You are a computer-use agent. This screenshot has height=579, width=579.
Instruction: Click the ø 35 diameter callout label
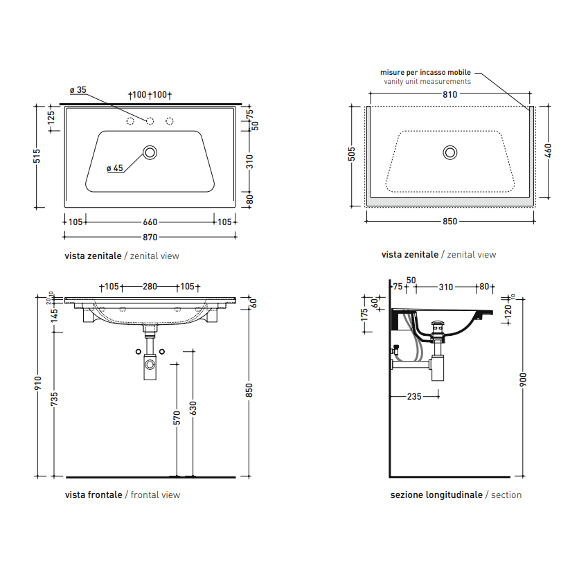pyautogui.click(x=78, y=90)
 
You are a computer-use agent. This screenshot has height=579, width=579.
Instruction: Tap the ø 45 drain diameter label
pyautogui.click(x=115, y=168)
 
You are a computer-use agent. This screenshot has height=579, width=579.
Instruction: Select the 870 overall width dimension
pyautogui.click(x=150, y=237)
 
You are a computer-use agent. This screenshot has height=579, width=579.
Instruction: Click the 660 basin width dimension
pyautogui.click(x=150, y=222)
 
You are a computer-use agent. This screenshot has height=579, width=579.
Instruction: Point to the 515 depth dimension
pyautogui.click(x=37, y=157)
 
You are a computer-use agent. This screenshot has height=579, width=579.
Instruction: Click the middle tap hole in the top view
pyautogui.click(x=150, y=121)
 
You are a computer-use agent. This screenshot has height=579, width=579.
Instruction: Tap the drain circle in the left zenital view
pyautogui.click(x=150, y=152)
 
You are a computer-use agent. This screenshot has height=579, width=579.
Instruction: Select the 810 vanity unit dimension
pyautogui.click(x=449, y=94)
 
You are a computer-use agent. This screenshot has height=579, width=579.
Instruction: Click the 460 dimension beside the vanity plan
pyautogui.click(x=548, y=151)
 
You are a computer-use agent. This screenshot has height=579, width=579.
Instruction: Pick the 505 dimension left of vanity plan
pyautogui.click(x=352, y=154)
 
